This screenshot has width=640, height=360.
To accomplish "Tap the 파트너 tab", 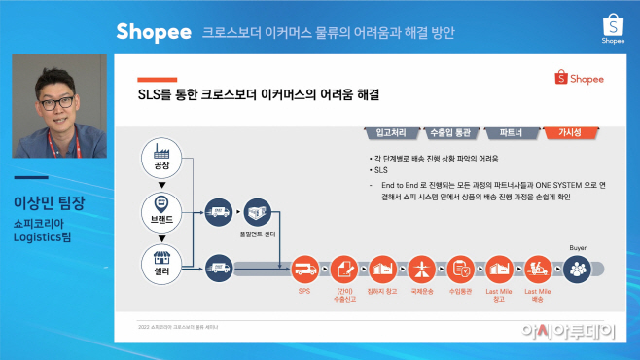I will [x=511, y=132].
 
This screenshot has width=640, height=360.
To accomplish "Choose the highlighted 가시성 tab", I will [x=569, y=132].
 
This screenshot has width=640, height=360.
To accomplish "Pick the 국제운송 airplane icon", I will [x=423, y=268].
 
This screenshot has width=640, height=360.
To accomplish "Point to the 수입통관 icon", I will [x=460, y=268].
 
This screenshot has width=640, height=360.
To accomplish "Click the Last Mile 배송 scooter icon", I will [x=536, y=268].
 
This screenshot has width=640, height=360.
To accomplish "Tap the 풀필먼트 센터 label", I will [x=257, y=233].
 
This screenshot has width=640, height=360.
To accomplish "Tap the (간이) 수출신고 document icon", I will [x=343, y=268].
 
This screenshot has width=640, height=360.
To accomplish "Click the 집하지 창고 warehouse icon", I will [x=382, y=268].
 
